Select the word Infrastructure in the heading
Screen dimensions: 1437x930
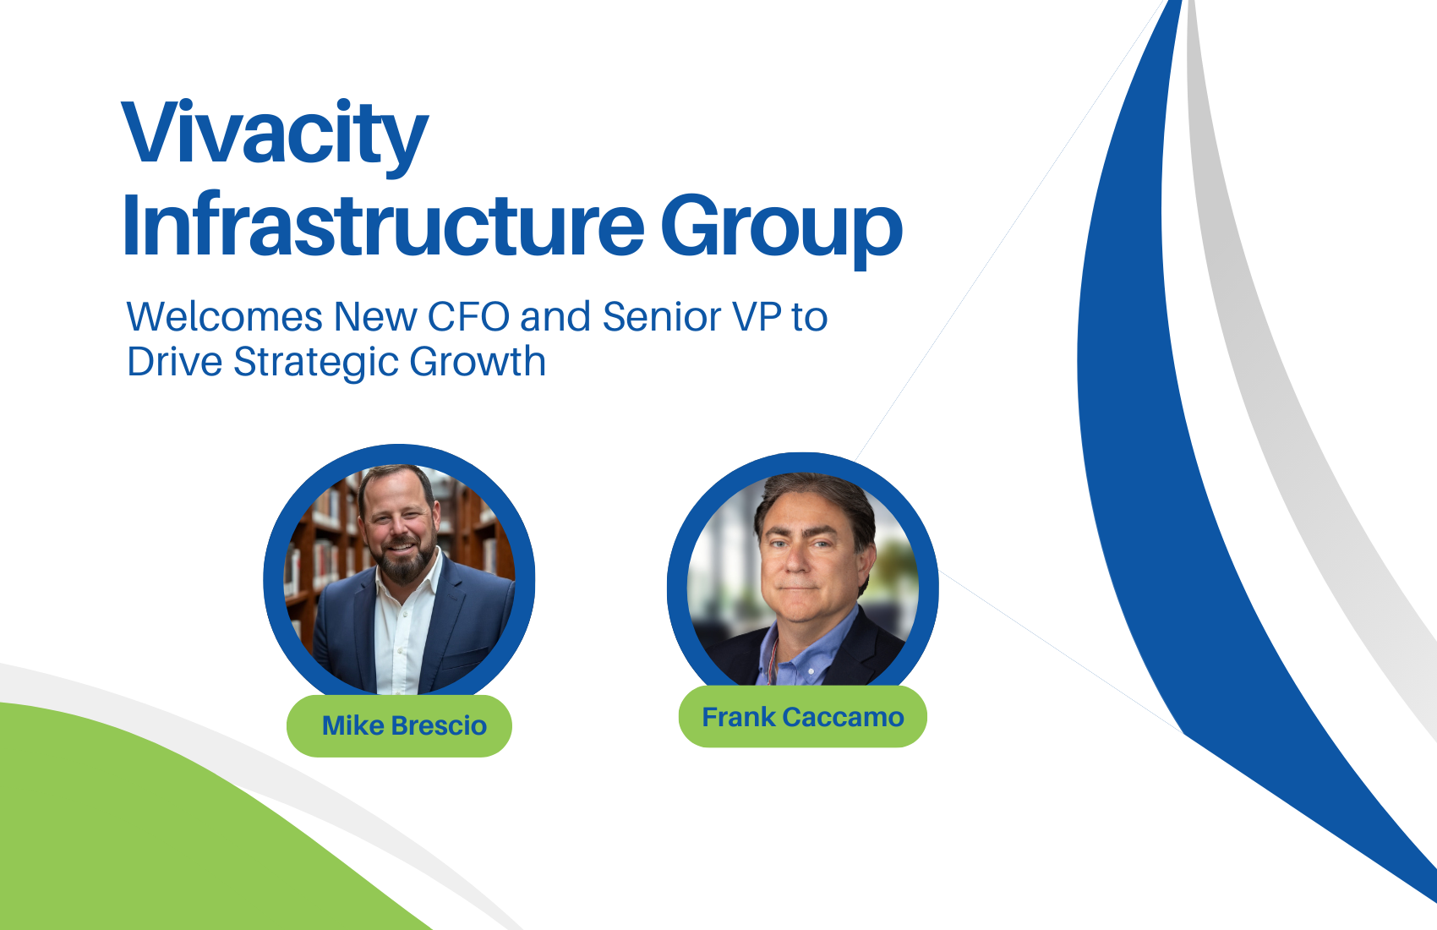tap(383, 225)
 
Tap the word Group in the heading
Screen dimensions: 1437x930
tap(782, 231)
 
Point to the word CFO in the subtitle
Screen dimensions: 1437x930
tap(468, 316)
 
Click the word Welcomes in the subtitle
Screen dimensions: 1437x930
tap(225, 316)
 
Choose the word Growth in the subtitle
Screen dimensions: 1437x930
tap(478, 361)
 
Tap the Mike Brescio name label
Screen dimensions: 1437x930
tap(404, 726)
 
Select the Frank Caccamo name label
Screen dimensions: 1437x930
tap(802, 717)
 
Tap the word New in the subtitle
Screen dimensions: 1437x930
tap(375, 316)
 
